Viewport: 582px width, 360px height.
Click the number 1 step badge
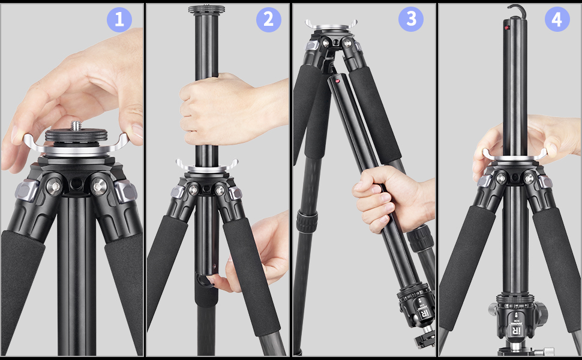click(x=119, y=20)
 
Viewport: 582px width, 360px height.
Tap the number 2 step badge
click(x=268, y=20)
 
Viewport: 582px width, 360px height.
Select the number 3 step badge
click(x=410, y=20)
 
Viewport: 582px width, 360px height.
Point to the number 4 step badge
click(x=557, y=20)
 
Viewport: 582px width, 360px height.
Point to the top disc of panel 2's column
click(x=206, y=10)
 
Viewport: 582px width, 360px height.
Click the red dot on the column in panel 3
click(x=337, y=80)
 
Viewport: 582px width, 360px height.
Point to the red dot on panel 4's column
click(x=506, y=28)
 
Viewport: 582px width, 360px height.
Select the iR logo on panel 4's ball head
click(x=514, y=331)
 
